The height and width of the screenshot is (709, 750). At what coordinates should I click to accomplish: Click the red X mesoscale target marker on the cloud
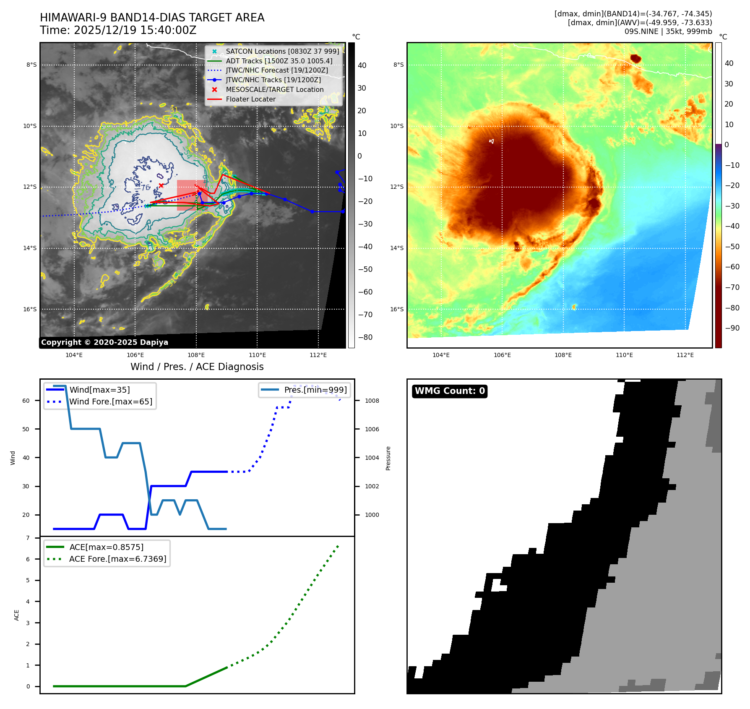[x=161, y=185]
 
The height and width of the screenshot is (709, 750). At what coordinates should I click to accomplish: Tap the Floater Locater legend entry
[x=250, y=99]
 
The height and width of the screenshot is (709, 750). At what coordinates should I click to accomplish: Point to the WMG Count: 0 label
[x=450, y=391]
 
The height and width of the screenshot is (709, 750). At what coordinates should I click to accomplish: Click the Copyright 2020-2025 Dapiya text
[x=104, y=342]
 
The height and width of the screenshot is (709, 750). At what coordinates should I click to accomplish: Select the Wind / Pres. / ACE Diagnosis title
[x=197, y=367]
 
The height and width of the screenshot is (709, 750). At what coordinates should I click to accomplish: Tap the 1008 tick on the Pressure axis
[x=372, y=401]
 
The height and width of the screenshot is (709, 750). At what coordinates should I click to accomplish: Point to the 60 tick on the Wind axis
[x=26, y=401]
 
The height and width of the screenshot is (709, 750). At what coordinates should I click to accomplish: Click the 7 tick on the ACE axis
[x=28, y=538]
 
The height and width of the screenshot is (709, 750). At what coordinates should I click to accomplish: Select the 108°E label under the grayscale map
[x=196, y=355]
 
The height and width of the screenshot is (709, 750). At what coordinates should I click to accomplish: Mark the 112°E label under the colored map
[x=685, y=355]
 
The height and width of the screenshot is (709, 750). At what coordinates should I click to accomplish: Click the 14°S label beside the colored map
[x=397, y=248]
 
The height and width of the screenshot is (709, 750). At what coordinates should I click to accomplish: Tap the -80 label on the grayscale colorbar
[x=365, y=337]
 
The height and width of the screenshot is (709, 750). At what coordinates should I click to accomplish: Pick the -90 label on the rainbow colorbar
[x=732, y=328]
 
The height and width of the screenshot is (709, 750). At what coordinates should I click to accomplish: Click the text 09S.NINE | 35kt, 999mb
[x=668, y=31]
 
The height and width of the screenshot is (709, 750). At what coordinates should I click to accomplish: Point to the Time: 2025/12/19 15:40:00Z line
[x=118, y=30]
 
